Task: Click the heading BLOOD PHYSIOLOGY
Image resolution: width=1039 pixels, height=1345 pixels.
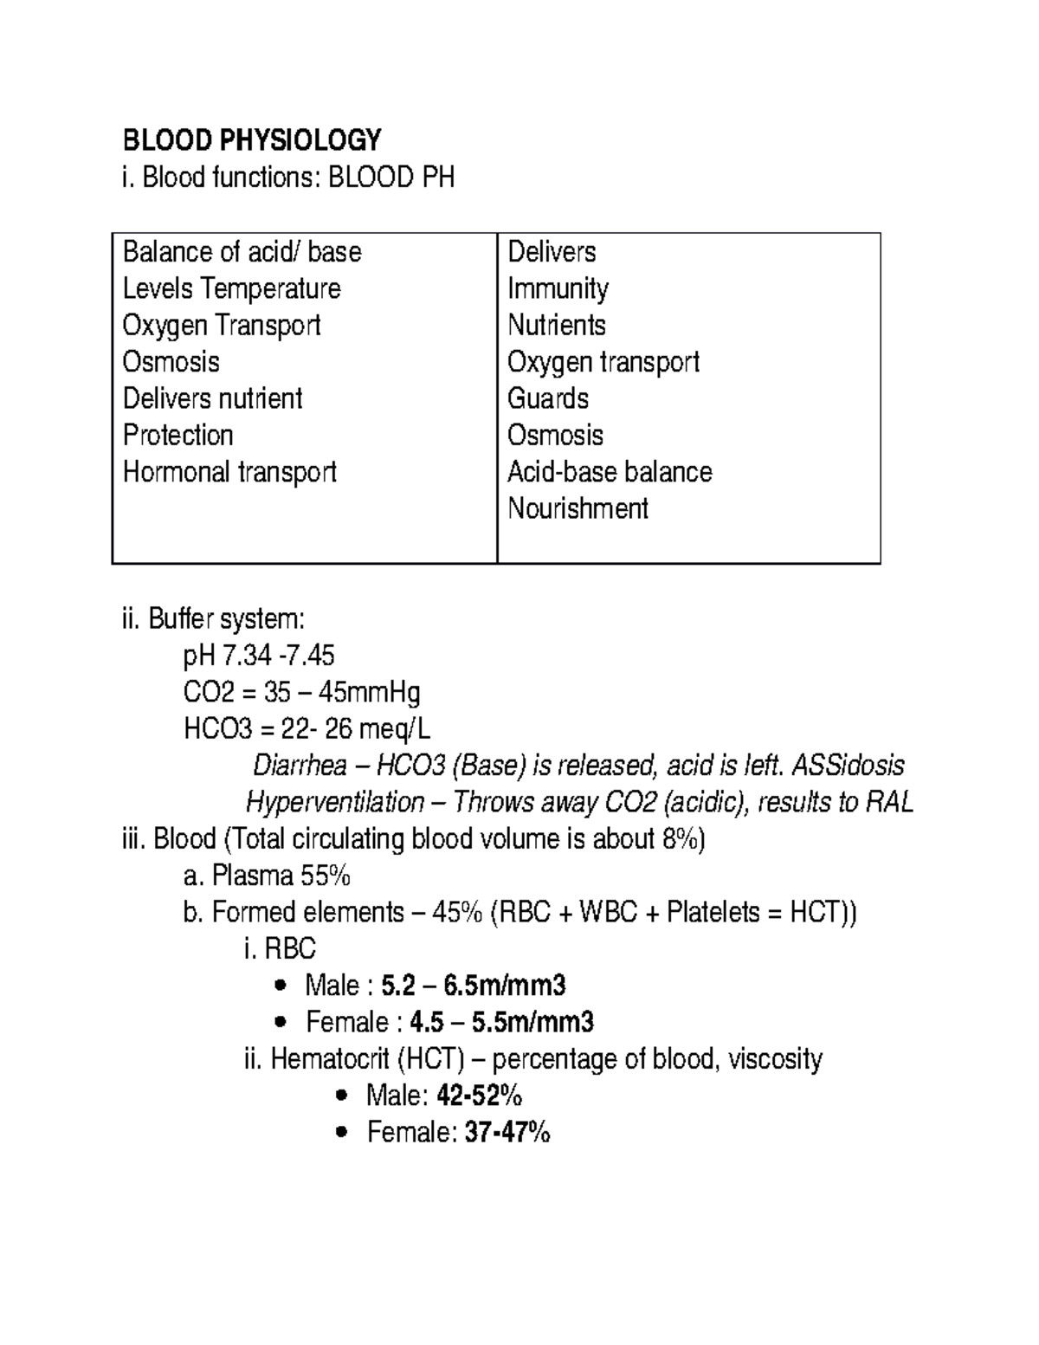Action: pos(252,139)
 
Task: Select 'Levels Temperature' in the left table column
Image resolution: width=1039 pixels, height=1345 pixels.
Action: pos(231,288)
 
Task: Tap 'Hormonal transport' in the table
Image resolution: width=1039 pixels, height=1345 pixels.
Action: pos(229,472)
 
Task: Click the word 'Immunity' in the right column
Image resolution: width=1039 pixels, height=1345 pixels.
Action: pos(558,288)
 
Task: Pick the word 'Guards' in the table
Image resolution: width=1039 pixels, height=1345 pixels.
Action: pos(548,398)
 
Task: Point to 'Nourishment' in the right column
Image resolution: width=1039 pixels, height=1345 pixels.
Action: pos(578,508)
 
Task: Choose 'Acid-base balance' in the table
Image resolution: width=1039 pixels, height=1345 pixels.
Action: pos(610,472)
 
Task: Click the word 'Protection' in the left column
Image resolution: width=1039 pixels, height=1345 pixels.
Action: pos(178,435)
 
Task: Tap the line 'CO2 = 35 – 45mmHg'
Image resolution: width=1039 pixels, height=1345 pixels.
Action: pos(302,693)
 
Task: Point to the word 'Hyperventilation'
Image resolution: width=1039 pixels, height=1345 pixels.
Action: pos(335,803)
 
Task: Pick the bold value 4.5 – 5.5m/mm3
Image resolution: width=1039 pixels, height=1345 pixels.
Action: pos(501,1023)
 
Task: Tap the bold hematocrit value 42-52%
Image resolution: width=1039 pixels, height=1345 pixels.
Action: pos(480,1096)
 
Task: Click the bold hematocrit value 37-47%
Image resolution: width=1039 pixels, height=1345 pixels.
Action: pos(507,1133)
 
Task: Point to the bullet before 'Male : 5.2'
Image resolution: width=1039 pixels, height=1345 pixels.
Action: pos(279,986)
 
